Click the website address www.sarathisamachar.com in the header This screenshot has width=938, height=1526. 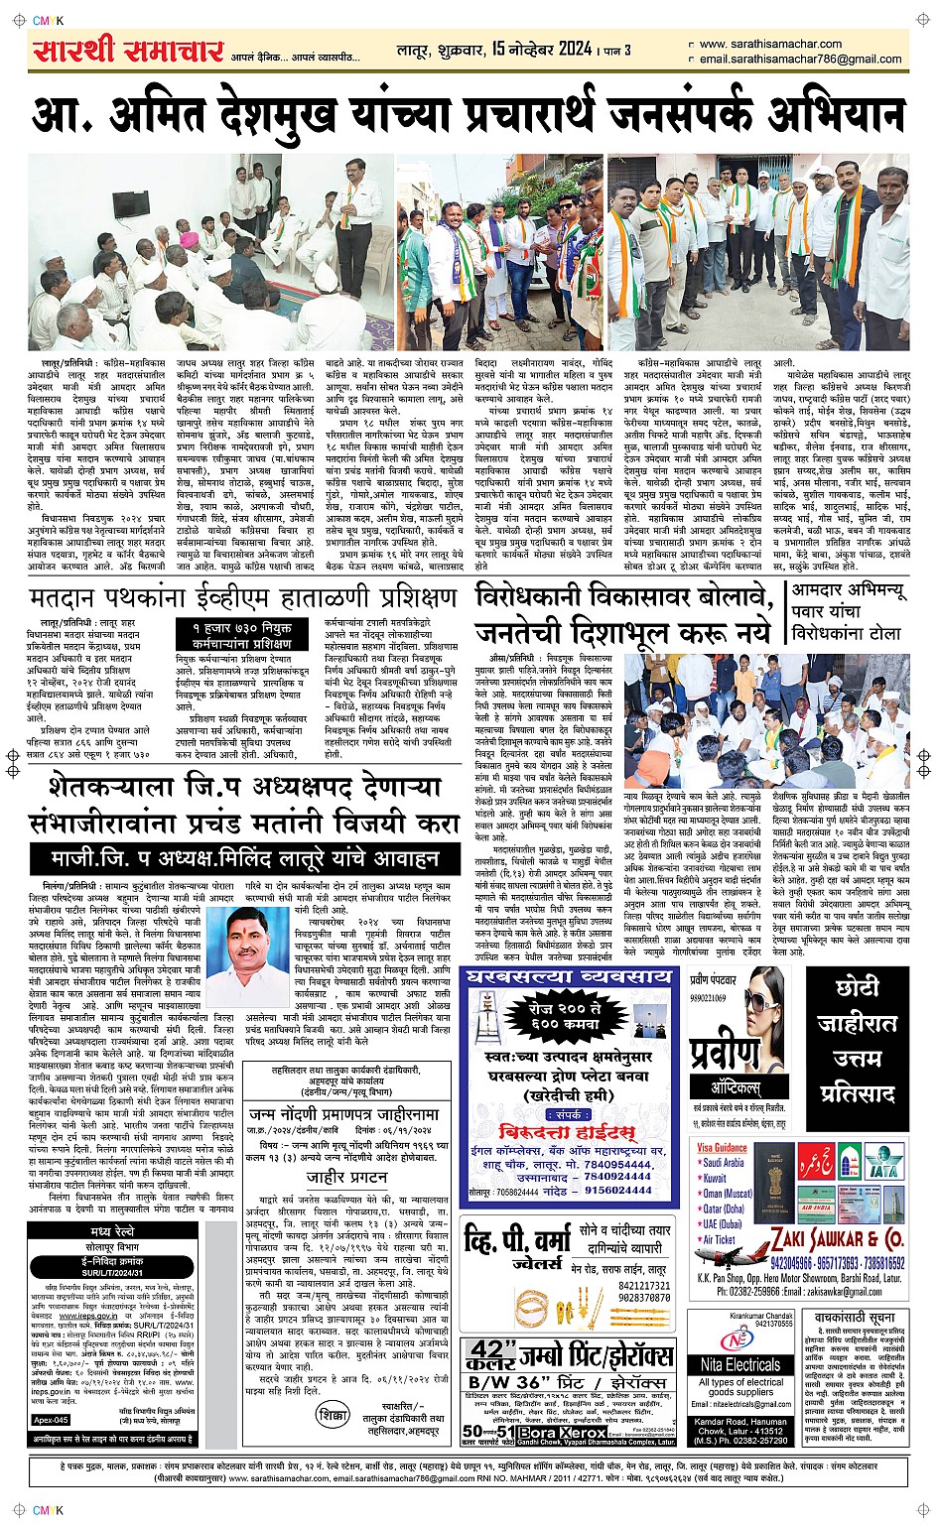[x=769, y=44]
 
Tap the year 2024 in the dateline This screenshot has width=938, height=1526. [x=575, y=49]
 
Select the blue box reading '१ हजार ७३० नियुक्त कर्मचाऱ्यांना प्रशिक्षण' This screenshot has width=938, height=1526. [x=241, y=636]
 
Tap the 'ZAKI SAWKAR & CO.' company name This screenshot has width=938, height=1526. [x=836, y=1239]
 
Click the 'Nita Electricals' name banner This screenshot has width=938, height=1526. [x=739, y=1365]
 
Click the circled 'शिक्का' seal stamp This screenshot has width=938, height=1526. [x=334, y=1415]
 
